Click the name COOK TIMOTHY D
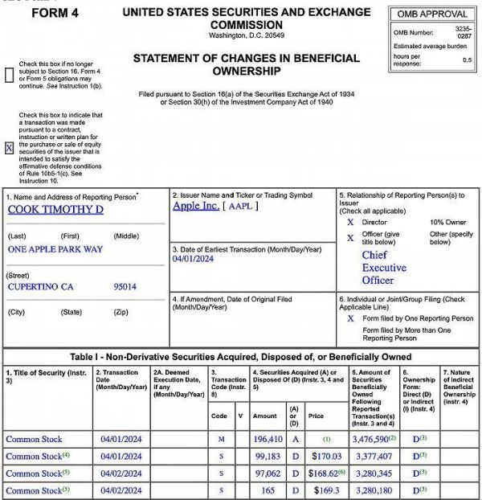(55, 210)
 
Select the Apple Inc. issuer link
(196, 206)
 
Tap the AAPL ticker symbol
(242, 206)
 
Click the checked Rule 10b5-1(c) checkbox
(9, 148)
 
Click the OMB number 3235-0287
(464, 35)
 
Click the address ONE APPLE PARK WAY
(55, 249)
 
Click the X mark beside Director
(349, 222)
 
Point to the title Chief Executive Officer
(384, 268)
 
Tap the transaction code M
(221, 439)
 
